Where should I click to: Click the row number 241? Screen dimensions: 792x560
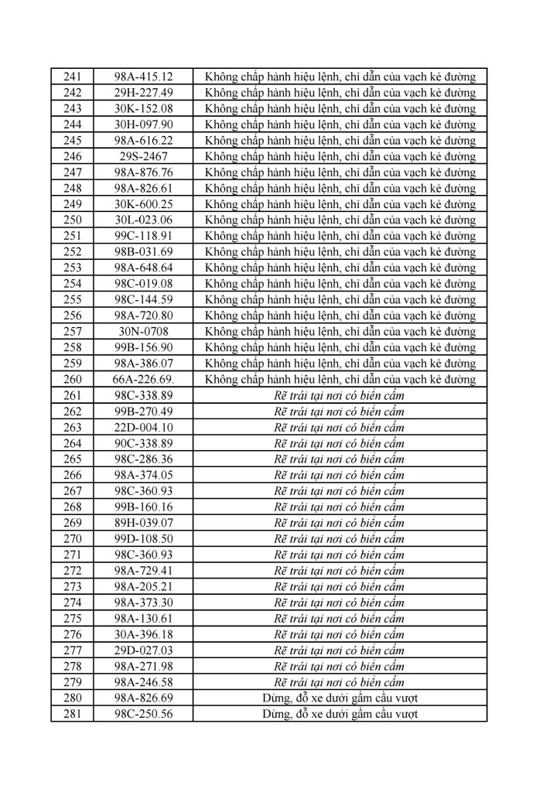pyautogui.click(x=72, y=77)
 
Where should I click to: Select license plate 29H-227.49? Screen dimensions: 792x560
pyautogui.click(x=143, y=92)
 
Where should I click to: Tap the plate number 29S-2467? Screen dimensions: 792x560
pyautogui.click(x=143, y=156)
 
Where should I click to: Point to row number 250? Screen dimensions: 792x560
pyautogui.click(x=72, y=220)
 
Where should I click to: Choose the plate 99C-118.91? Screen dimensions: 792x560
pyautogui.click(x=143, y=236)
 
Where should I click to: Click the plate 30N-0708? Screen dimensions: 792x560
pyautogui.click(x=143, y=331)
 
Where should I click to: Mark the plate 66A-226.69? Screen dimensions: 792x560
pyautogui.click(x=143, y=379)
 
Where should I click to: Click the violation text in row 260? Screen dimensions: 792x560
pyautogui.click(x=340, y=379)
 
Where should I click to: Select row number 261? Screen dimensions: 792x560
pyautogui.click(x=72, y=395)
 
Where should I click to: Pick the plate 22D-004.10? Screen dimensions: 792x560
pyautogui.click(x=143, y=427)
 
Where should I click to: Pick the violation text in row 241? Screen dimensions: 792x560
pyautogui.click(x=340, y=77)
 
